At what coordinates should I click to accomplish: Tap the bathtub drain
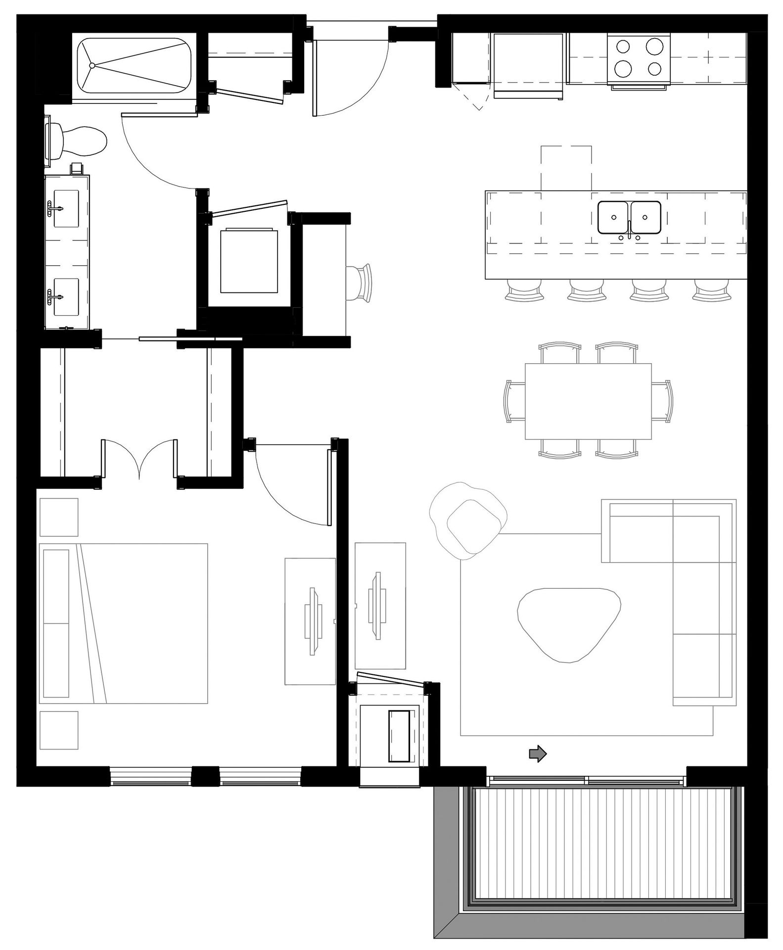(92, 65)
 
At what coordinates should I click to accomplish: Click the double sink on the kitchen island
(629, 217)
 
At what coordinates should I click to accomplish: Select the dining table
(588, 401)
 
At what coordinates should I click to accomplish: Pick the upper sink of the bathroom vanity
(66, 208)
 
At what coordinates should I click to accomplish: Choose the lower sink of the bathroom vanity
(66, 296)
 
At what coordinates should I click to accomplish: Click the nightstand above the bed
(59, 517)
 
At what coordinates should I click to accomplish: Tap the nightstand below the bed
(59, 730)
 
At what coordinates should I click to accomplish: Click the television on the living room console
(377, 605)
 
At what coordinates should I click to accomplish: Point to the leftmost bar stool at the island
(524, 290)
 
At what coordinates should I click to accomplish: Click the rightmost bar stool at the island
(711, 290)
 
